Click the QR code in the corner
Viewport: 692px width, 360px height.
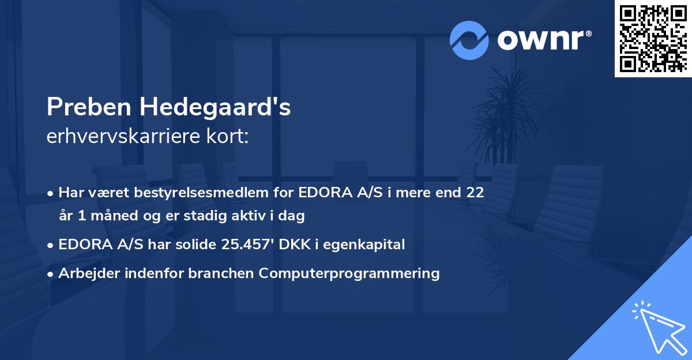coord(653,39)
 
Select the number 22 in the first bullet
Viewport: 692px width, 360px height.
coord(475,193)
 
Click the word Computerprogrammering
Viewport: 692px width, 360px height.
coord(349,273)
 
